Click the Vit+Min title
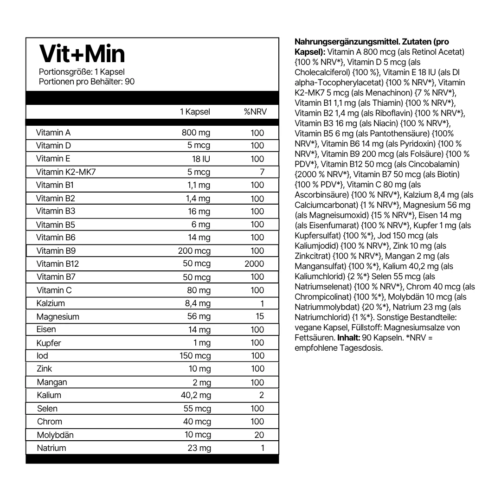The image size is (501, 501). click(82, 54)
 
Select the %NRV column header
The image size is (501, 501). click(255, 112)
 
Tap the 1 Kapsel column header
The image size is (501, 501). click(195, 112)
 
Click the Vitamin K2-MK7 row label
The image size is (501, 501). click(66, 172)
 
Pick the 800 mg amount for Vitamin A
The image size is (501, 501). click(196, 133)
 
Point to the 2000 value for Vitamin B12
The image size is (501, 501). click(254, 264)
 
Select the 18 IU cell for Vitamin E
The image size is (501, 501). click(202, 159)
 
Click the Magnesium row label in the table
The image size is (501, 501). click(58, 317)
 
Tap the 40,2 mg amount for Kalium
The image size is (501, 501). click(195, 395)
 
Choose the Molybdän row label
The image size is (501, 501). click(56, 435)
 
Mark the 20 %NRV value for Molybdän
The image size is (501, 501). click(259, 435)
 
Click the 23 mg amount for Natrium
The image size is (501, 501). click(199, 448)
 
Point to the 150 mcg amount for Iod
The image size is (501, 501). click(195, 356)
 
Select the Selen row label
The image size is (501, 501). click(48, 409)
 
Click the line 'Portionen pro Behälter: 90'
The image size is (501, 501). click(87, 82)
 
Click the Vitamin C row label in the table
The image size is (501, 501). click(54, 290)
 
